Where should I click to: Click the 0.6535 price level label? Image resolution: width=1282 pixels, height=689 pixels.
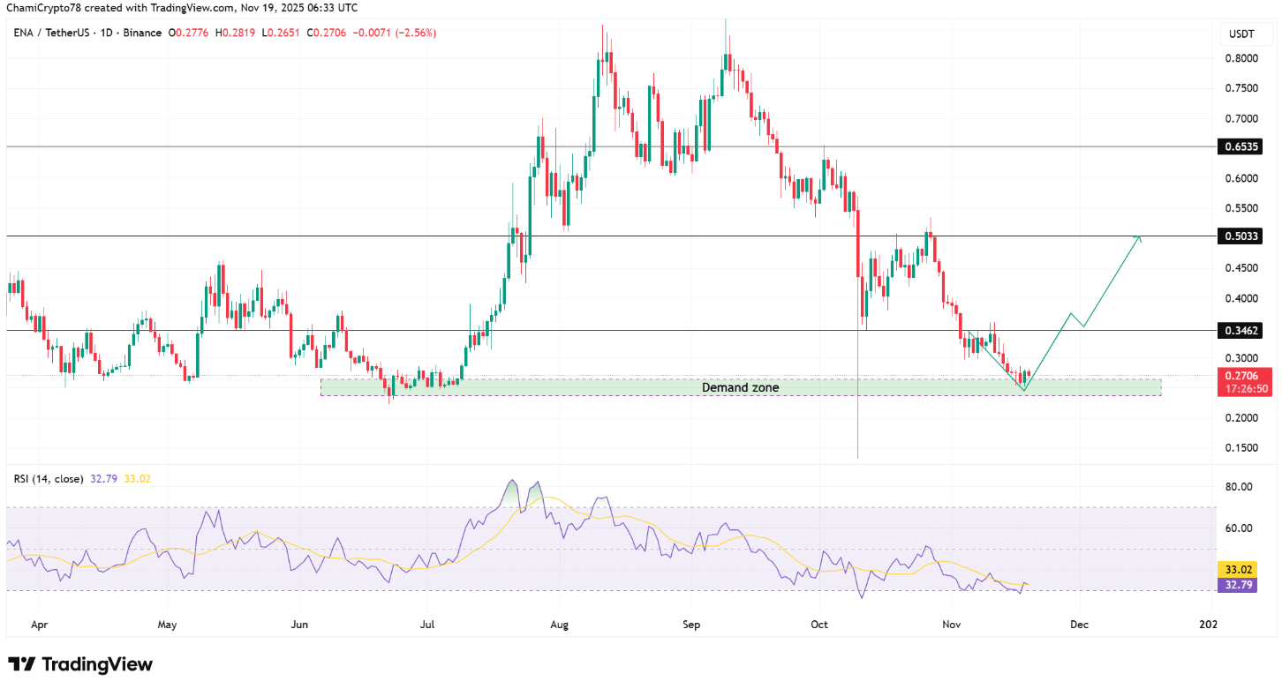pyautogui.click(x=1241, y=146)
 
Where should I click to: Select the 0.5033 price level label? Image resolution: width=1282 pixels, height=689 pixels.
pyautogui.click(x=1241, y=236)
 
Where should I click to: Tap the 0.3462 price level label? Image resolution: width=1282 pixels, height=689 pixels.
pyautogui.click(x=1241, y=331)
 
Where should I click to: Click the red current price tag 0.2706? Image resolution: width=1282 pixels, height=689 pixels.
pyautogui.click(x=1241, y=375)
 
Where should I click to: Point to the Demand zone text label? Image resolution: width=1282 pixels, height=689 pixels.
pyautogui.click(x=740, y=387)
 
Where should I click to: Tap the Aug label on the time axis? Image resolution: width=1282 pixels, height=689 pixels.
pyautogui.click(x=558, y=625)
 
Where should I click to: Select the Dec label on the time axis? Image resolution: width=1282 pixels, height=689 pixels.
pyautogui.click(x=1079, y=625)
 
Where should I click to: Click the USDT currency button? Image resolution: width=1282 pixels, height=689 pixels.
pyautogui.click(x=1243, y=34)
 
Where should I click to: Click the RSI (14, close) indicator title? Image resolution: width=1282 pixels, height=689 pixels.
pyautogui.click(x=49, y=479)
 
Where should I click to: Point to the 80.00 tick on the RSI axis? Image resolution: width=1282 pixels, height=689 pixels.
pyautogui.click(x=1240, y=487)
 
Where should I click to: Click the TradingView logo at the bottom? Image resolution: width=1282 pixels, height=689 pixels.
pyautogui.click(x=80, y=664)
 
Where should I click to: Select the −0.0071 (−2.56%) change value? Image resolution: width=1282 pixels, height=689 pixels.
pyautogui.click(x=395, y=33)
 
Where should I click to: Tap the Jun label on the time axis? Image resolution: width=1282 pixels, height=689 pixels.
pyautogui.click(x=299, y=625)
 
